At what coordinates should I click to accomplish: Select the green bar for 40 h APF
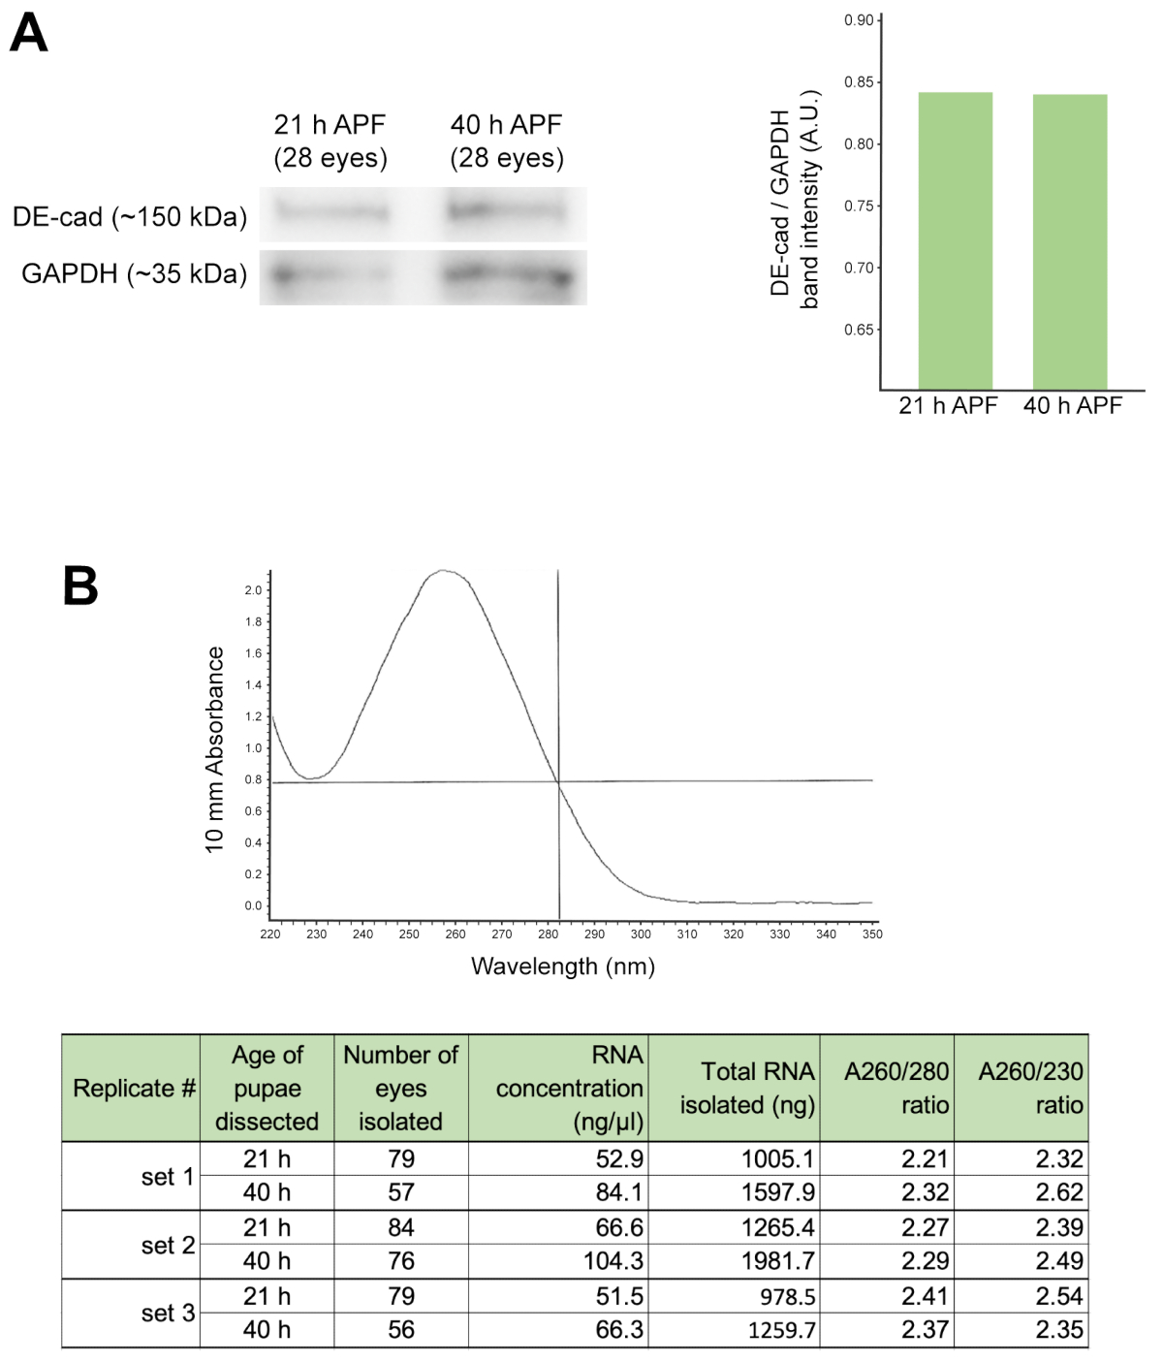click(x=1070, y=241)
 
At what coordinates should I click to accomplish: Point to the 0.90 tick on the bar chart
click(x=859, y=20)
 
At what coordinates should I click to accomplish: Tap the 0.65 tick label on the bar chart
click(x=859, y=330)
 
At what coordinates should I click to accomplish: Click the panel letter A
click(x=29, y=34)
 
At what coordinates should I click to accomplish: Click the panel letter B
click(x=80, y=586)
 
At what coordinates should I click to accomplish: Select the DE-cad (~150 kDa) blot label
click(x=129, y=216)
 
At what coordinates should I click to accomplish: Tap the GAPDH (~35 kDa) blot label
click(x=134, y=274)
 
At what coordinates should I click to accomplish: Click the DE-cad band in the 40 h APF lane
click(x=505, y=209)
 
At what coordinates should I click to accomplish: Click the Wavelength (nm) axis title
click(x=562, y=966)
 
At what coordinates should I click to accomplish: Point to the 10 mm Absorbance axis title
click(x=214, y=749)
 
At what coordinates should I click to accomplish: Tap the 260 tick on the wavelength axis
click(x=456, y=934)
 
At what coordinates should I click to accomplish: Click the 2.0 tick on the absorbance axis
click(x=253, y=590)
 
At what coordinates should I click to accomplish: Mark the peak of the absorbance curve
click(x=443, y=570)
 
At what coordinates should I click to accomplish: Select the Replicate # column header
click(x=134, y=1089)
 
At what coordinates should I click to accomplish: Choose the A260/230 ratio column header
click(x=1030, y=1089)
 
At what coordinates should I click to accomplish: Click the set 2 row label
click(x=168, y=1245)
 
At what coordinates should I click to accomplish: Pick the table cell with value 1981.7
click(x=777, y=1261)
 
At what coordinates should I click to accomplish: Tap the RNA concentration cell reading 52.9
click(x=619, y=1159)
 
